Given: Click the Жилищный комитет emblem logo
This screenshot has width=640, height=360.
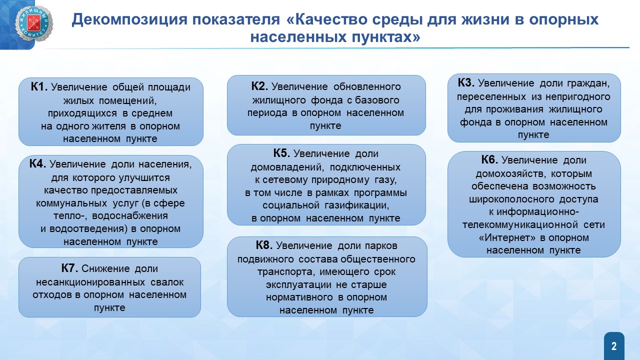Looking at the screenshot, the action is [33, 23].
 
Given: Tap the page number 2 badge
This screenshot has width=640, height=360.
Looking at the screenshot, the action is [614, 346].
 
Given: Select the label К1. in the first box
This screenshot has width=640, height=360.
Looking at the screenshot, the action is [39, 86].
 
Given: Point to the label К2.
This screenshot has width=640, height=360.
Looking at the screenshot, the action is [259, 86].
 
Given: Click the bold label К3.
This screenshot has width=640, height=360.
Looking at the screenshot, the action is [466, 82].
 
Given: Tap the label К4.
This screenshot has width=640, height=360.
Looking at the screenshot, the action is [37, 163].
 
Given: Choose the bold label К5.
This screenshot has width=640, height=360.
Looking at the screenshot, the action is [281, 153].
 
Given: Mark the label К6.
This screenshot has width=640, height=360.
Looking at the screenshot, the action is [489, 159].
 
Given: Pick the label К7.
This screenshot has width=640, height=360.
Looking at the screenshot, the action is [69, 268].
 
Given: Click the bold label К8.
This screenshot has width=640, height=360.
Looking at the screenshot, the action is [264, 245].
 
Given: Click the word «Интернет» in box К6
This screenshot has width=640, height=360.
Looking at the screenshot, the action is [507, 237].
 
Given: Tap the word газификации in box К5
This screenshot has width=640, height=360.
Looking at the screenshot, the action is [357, 205].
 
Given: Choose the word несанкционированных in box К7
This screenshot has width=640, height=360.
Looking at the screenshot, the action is [90, 282].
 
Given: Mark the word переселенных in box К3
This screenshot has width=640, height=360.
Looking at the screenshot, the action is [491, 97].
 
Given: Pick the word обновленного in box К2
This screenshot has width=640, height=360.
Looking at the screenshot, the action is [367, 86].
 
